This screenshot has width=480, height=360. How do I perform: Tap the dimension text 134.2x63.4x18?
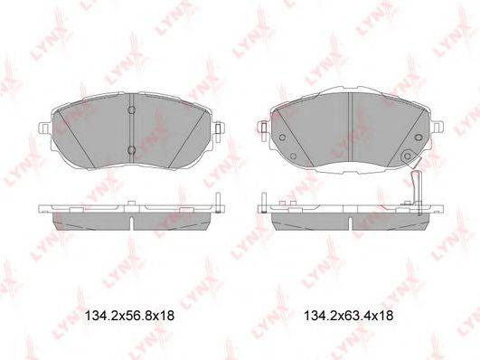(349, 317)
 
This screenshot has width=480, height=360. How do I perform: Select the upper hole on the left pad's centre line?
(131, 110)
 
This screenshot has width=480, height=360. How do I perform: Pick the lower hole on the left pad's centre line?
(131, 149)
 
